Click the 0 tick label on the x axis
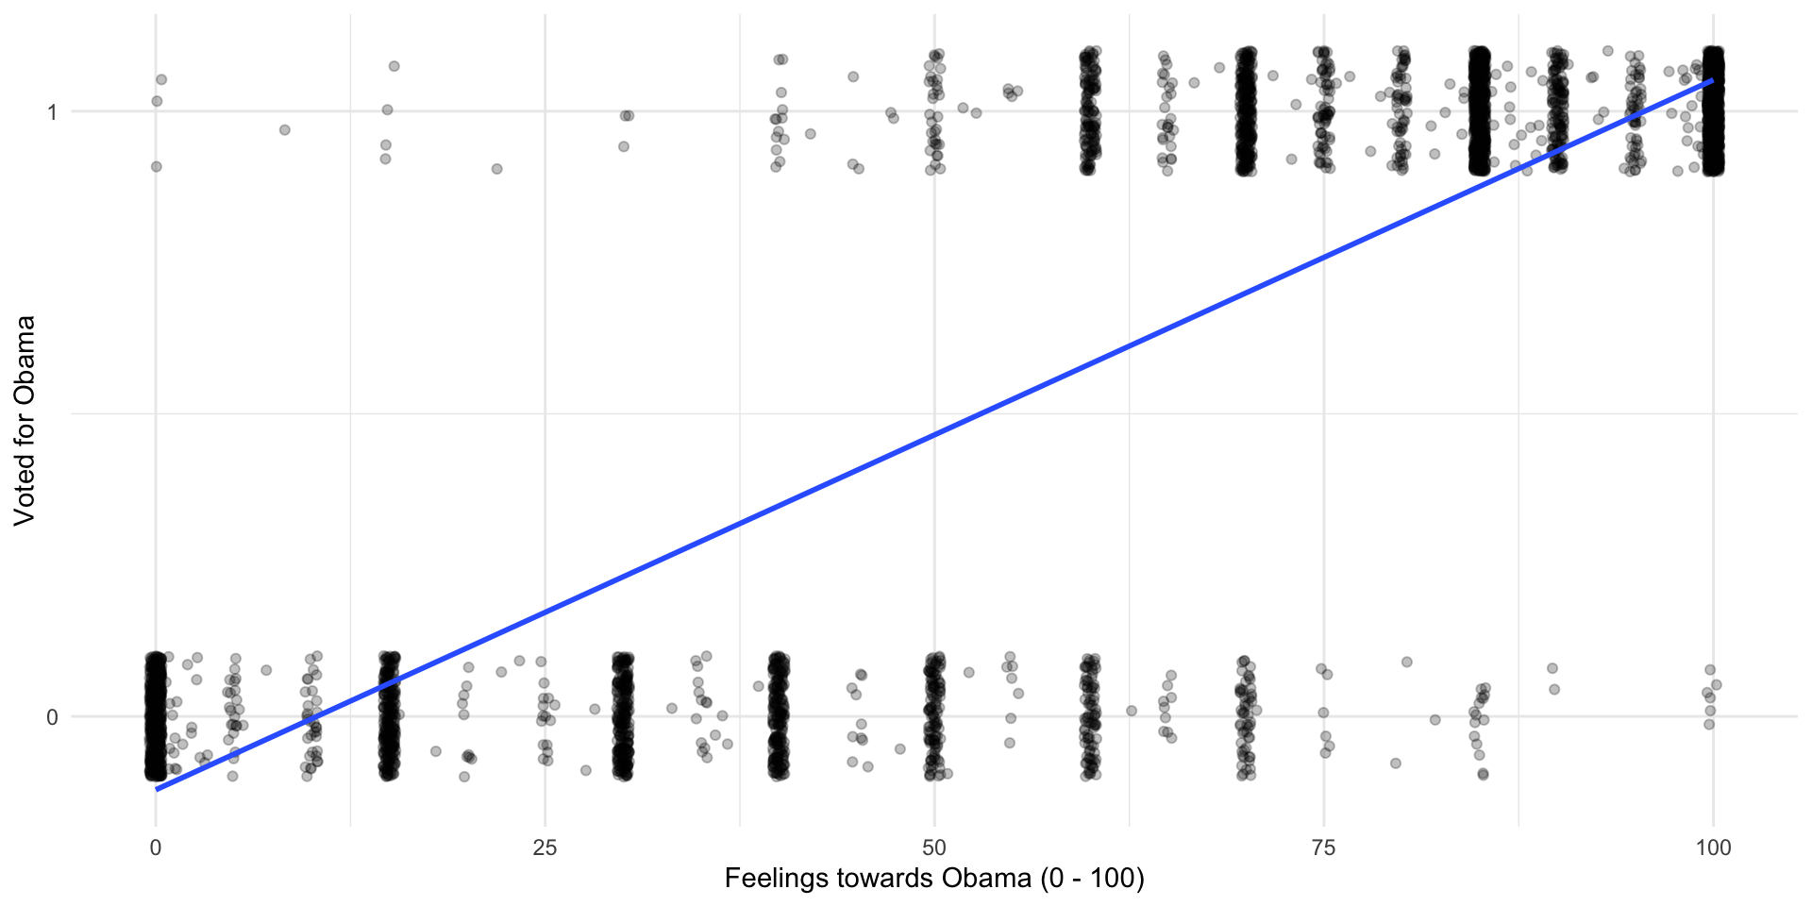pyautogui.click(x=156, y=847)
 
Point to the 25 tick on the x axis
pyautogui.click(x=545, y=847)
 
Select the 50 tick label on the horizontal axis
pyautogui.click(x=934, y=847)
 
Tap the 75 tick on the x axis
pyautogui.click(x=1324, y=847)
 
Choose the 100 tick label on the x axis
pyautogui.click(x=1713, y=847)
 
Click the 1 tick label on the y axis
pyautogui.click(x=52, y=112)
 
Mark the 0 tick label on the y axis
pyautogui.click(x=52, y=717)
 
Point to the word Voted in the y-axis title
pyautogui.click(x=25, y=488)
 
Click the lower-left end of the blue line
pyautogui.click(x=158, y=789)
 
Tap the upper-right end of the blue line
pyautogui.click(x=1712, y=81)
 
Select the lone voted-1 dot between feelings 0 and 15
pyautogui.click(x=284, y=129)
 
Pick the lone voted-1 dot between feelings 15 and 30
pyautogui.click(x=496, y=169)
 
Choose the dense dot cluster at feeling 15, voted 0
pyautogui.click(x=389, y=715)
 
